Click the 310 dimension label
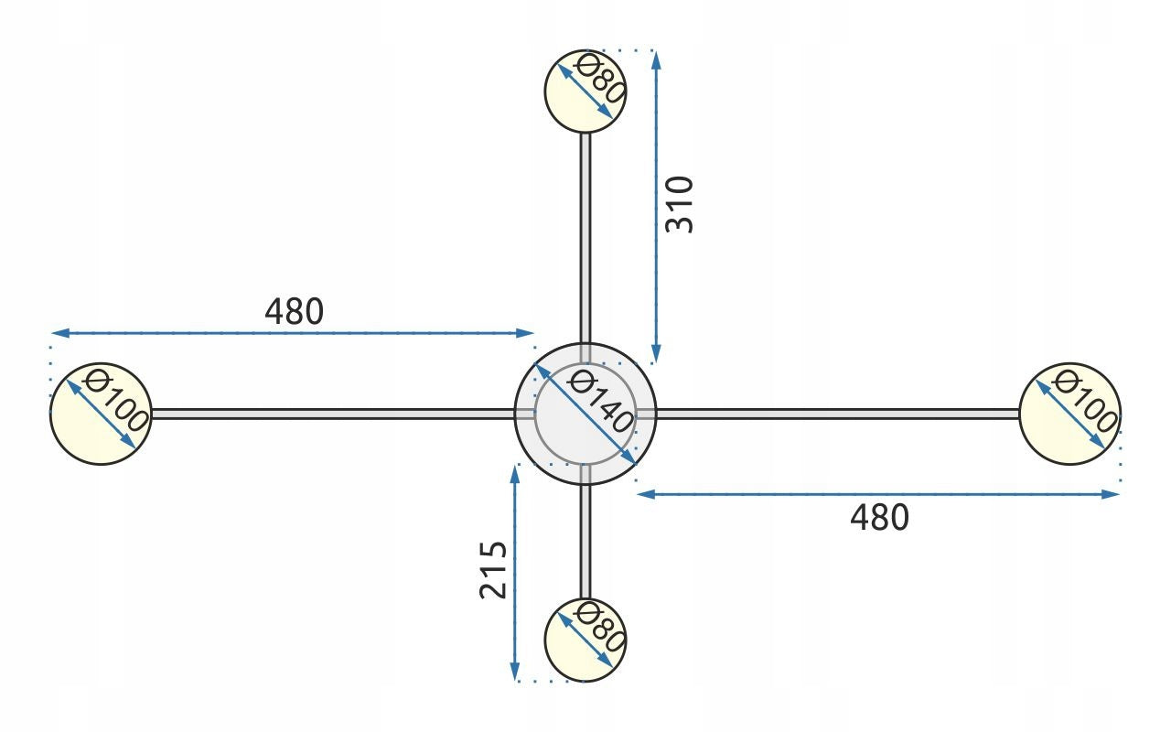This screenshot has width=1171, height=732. coord(679,205)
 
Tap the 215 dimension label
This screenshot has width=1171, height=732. coord(493,570)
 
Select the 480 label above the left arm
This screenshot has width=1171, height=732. coord(295,312)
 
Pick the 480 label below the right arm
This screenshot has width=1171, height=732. coord(880,518)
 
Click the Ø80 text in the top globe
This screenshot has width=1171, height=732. coord(599,80)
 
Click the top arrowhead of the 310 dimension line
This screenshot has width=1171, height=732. coord(657,59)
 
